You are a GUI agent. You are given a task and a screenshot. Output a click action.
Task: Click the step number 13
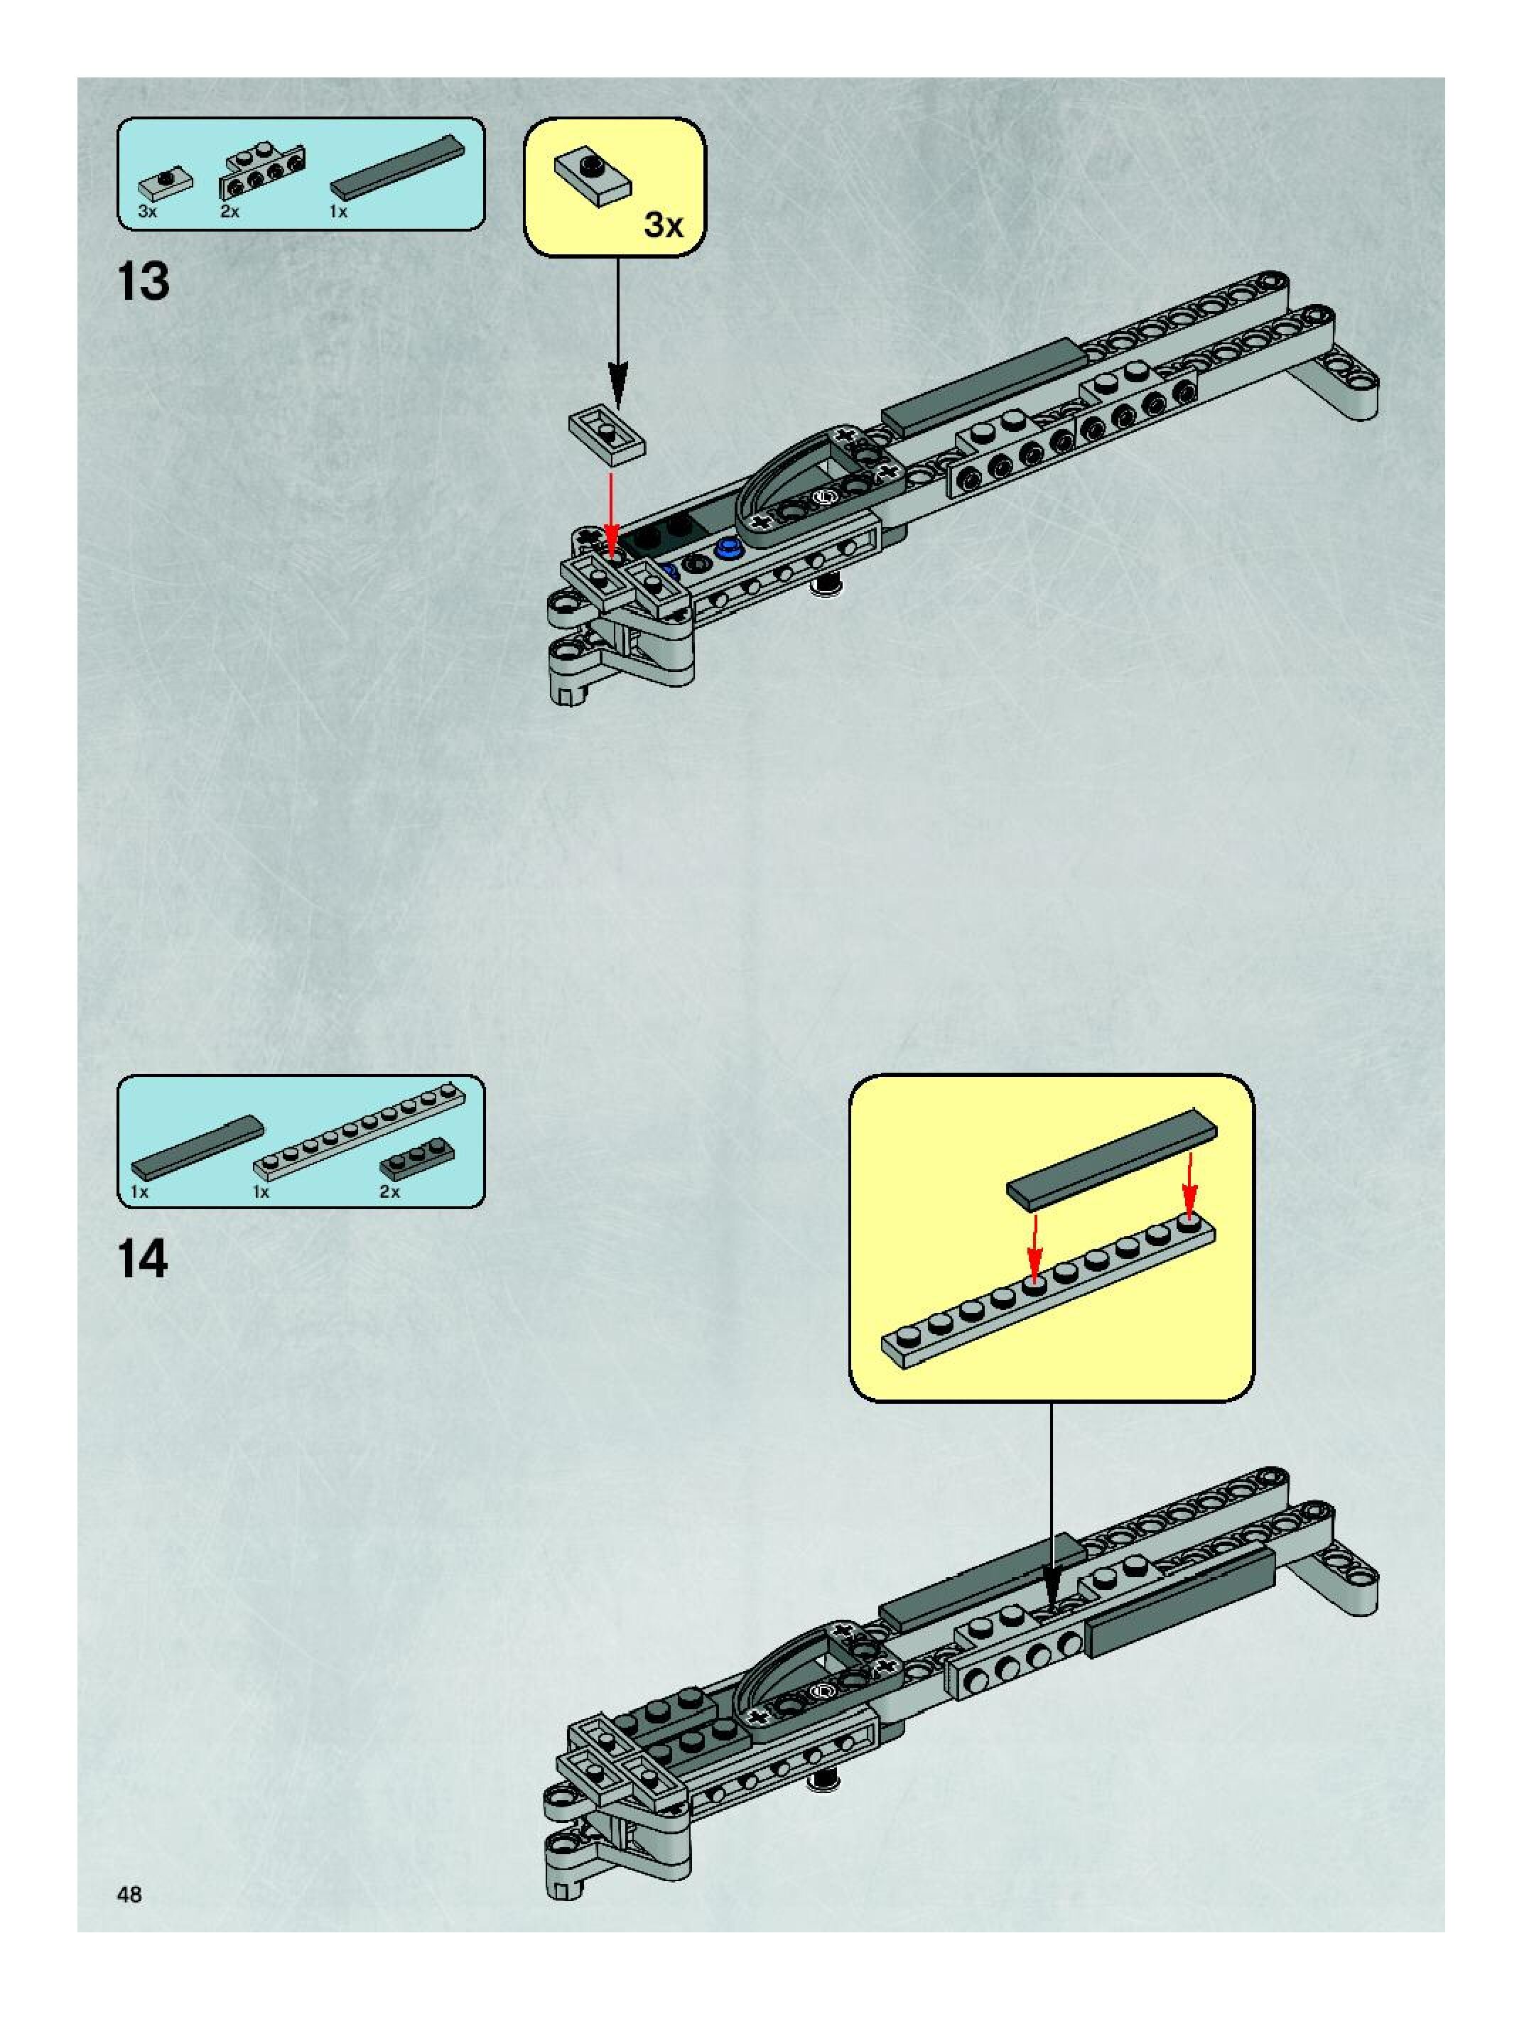coord(144,281)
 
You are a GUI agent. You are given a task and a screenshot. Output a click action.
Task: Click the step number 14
coord(144,1260)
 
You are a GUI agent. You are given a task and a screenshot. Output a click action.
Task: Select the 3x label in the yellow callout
coord(663,224)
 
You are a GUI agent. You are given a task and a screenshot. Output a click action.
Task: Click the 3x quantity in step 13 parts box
coord(147,212)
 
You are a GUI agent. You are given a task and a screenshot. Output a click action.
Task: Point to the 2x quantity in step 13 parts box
coord(229,212)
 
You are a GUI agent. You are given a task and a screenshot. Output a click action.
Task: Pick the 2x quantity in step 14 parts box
coord(390,1192)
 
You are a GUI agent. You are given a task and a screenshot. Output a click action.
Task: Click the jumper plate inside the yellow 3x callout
coord(593,177)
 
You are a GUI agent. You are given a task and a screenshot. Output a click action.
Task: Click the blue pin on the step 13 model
coord(728,547)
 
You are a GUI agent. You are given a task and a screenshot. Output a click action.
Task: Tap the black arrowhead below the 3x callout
coord(618,384)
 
